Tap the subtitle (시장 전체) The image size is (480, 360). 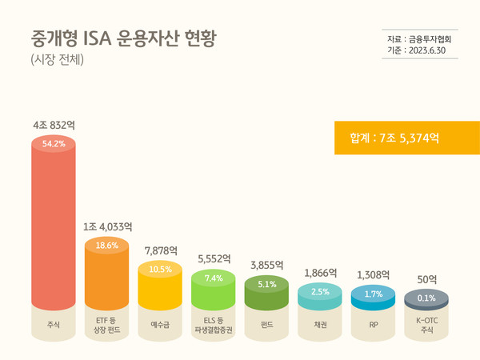(x=58, y=59)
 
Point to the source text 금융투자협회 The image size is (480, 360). (x=430, y=38)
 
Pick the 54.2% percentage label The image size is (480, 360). (x=54, y=144)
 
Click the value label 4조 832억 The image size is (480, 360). (x=54, y=126)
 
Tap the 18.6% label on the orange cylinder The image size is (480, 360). (x=107, y=246)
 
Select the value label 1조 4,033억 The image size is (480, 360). (x=107, y=227)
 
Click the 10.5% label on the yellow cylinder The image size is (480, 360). (x=160, y=270)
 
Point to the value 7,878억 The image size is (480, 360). (x=160, y=250)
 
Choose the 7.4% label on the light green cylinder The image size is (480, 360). (x=214, y=278)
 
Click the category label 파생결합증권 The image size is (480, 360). (x=214, y=330)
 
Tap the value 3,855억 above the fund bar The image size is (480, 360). (x=267, y=265)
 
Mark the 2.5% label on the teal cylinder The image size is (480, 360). (x=320, y=291)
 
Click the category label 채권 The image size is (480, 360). (x=320, y=326)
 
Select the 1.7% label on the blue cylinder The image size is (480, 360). (x=374, y=294)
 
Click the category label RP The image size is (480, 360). (x=374, y=326)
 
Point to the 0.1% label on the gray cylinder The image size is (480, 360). (x=426, y=298)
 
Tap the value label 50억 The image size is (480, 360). (x=427, y=279)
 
